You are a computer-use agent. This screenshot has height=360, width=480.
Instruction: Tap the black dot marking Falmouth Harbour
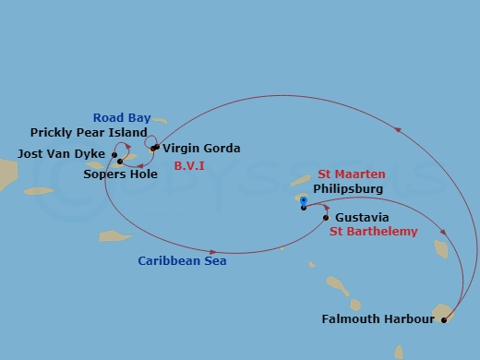coord(444,320)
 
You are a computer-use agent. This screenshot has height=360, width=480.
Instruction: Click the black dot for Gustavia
coord(325,218)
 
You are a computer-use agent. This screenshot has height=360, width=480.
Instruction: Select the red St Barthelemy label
coord(373,232)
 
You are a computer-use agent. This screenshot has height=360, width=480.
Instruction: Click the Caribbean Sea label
coord(182,261)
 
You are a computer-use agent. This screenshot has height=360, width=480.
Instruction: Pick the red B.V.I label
coord(190,166)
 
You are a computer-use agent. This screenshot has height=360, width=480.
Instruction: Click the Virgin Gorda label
coord(201,148)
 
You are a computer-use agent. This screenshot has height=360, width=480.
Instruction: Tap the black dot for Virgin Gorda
coord(154,148)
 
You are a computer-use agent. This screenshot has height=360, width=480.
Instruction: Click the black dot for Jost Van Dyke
coord(114,153)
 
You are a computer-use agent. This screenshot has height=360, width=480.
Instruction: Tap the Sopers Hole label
coord(118,173)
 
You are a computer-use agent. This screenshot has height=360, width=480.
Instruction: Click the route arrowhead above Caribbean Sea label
coord(214,251)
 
